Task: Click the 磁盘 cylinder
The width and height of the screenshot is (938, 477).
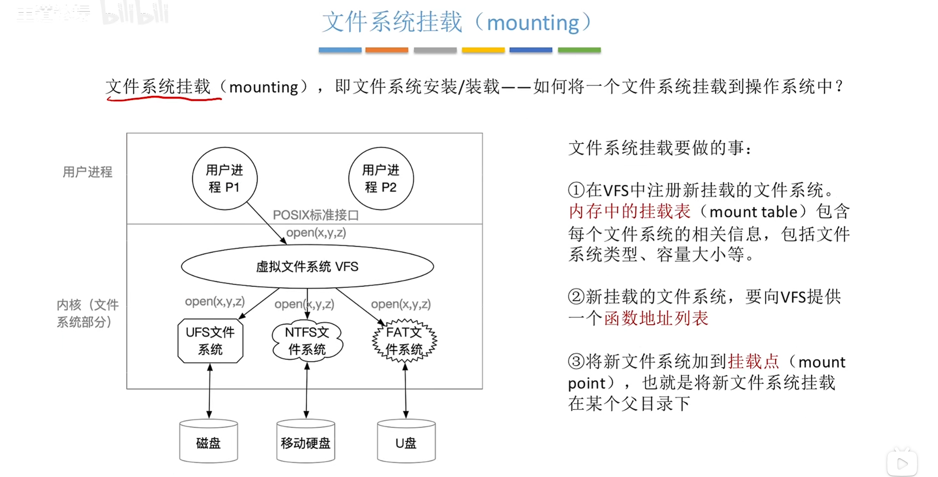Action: tap(209, 441)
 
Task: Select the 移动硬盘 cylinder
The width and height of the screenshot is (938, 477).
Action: tap(306, 441)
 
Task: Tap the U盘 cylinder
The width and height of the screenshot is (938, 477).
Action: tap(406, 441)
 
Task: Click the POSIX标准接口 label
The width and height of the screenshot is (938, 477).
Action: tap(316, 215)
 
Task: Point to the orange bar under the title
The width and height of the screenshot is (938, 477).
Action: tap(387, 50)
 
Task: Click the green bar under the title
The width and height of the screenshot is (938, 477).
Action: tap(579, 50)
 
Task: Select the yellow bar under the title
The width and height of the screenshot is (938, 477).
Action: tap(483, 50)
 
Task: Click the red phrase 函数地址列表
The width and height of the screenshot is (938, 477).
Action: tap(656, 318)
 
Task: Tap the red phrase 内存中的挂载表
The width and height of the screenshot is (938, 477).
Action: tap(629, 212)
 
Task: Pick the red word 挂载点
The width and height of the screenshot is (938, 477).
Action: tap(753, 361)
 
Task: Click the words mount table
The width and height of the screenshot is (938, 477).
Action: tap(753, 212)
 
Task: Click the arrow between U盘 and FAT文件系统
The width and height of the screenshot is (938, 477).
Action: tap(405, 391)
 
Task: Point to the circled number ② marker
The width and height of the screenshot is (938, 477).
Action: tap(576, 297)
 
